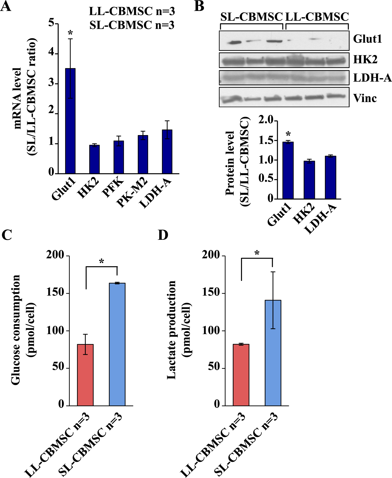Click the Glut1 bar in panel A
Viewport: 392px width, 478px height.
[70, 121]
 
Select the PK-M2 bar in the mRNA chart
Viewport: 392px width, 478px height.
[143, 154]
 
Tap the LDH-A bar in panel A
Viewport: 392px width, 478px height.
[167, 152]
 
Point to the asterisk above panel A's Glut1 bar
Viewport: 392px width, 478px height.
[70, 34]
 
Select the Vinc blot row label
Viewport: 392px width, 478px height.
[365, 98]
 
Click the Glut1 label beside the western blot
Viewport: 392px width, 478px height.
[367, 39]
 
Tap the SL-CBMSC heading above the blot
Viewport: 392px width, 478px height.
[251, 17]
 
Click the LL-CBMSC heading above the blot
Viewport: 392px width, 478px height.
[317, 17]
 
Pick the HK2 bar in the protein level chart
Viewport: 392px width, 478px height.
[309, 180]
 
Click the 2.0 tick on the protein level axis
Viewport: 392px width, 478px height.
[266, 120]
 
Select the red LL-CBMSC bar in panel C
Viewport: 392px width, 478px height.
[85, 375]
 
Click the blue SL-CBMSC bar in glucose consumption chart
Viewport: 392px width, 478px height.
[117, 344]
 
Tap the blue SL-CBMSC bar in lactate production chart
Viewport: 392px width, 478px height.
[273, 353]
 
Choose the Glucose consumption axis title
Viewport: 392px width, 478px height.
[16, 330]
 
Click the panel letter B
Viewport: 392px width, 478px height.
[199, 6]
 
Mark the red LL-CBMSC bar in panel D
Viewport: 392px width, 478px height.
[241, 375]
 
